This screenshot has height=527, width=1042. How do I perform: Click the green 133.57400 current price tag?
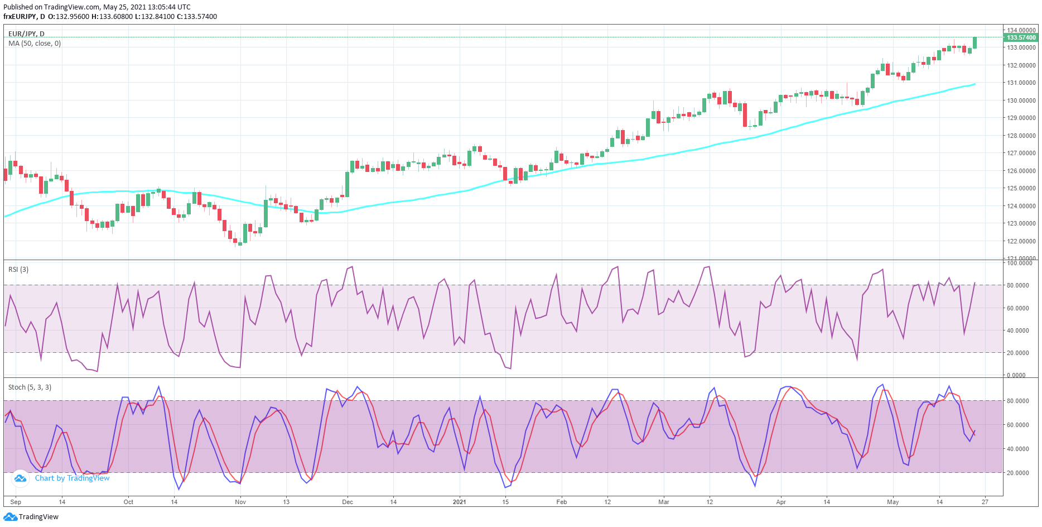click(1021, 37)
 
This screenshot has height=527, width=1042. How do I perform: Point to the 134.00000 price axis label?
click(1021, 30)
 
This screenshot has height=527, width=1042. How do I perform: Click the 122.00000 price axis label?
click(1021, 241)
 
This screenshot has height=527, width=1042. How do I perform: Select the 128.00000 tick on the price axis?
click(1021, 136)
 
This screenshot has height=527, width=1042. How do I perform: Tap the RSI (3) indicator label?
click(18, 270)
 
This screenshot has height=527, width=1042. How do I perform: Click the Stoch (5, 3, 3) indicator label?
click(30, 387)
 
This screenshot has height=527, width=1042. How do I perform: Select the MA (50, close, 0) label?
click(35, 44)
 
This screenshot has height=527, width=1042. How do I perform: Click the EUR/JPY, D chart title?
click(26, 34)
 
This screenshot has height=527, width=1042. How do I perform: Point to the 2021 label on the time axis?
click(459, 502)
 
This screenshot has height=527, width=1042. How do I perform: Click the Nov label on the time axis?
click(240, 502)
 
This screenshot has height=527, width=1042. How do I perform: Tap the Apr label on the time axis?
click(781, 502)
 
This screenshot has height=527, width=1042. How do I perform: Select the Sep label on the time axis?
click(16, 502)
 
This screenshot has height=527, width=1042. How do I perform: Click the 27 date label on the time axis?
click(985, 502)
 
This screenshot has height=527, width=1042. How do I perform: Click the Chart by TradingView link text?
click(72, 478)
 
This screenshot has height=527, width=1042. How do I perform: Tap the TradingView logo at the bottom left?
click(31, 517)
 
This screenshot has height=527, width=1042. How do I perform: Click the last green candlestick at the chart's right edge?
click(975, 42)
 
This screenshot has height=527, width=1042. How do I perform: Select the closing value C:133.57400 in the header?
click(197, 17)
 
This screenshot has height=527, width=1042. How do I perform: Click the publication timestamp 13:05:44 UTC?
click(169, 7)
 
